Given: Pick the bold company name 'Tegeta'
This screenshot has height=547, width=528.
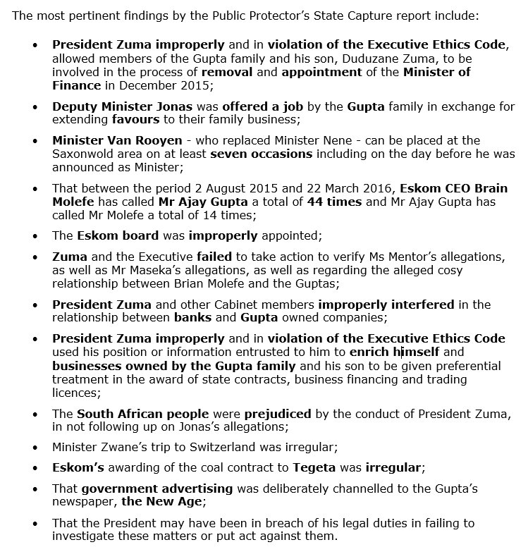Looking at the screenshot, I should pyautogui.click(x=321, y=467).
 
